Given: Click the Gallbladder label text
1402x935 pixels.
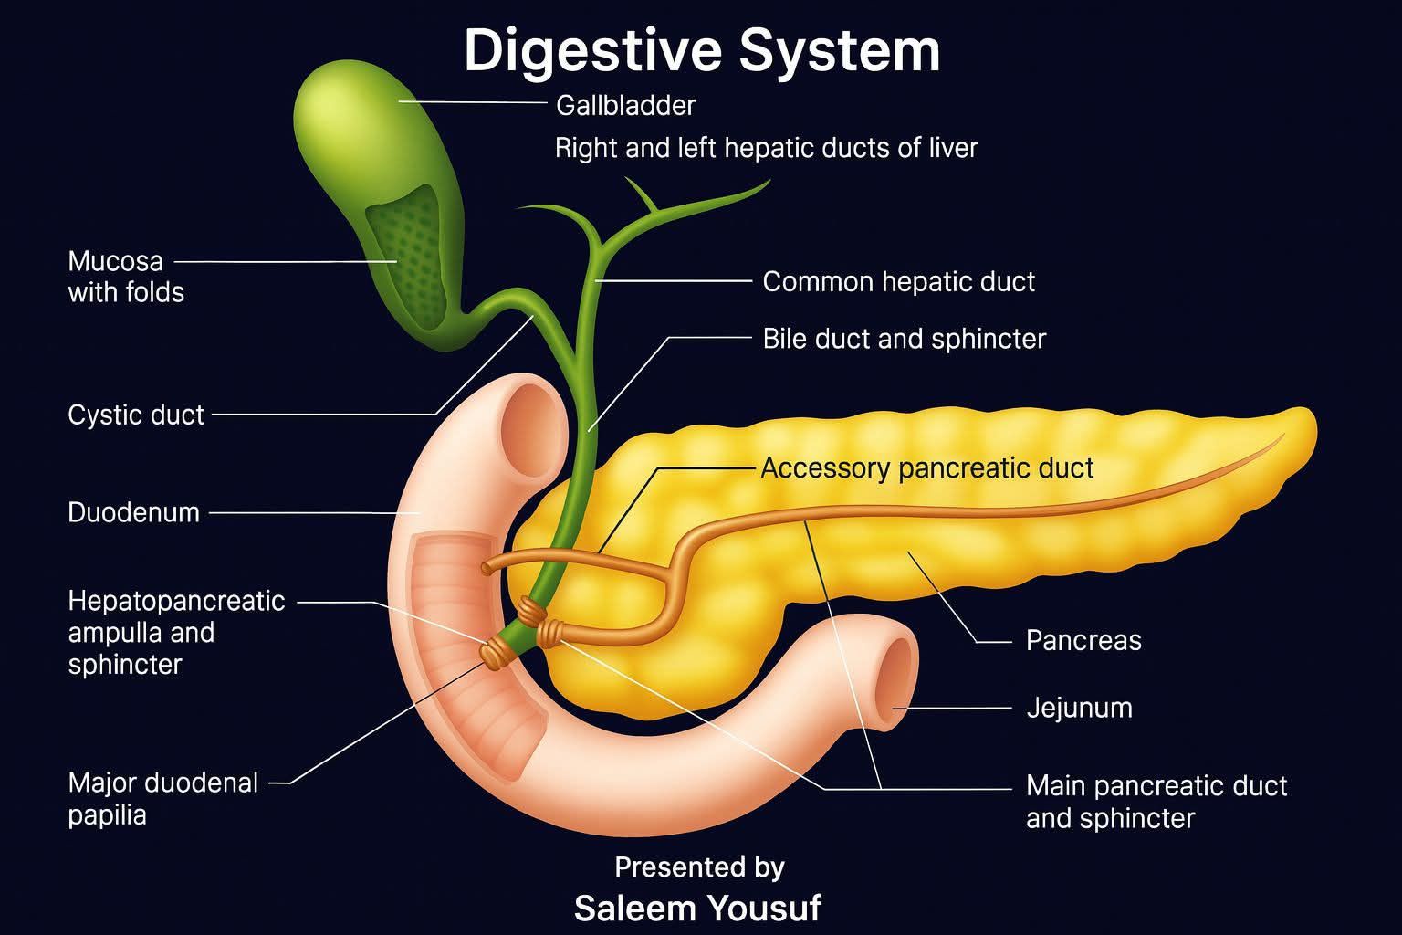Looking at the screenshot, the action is click(x=626, y=105).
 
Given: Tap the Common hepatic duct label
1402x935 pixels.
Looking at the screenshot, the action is click(x=899, y=282).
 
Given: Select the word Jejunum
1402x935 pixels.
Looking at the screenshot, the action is click(x=1080, y=709).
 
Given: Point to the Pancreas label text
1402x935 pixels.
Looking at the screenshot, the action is click(x=1083, y=641).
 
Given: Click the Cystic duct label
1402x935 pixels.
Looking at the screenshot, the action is click(x=136, y=415).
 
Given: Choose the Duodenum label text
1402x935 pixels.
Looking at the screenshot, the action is click(x=133, y=512).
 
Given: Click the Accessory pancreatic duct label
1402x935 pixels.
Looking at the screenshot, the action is click(x=927, y=468).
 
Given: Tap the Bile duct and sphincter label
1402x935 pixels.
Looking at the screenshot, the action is click(x=905, y=339).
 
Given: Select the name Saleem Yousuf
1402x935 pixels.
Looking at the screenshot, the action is click(x=698, y=909).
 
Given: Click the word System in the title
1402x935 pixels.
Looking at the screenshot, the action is click(x=840, y=50).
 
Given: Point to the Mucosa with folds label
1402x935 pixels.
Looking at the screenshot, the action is click(x=126, y=277).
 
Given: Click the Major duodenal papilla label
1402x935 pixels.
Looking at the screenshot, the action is click(x=162, y=798).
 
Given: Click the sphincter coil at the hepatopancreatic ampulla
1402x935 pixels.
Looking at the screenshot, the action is click(x=496, y=653).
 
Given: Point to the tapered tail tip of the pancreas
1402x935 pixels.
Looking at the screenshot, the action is click(x=1308, y=423).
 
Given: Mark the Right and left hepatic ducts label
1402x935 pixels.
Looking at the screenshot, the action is click(x=766, y=149).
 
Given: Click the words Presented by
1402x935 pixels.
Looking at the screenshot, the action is click(x=699, y=867).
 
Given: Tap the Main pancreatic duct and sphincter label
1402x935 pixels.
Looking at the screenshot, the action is click(x=1156, y=802).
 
